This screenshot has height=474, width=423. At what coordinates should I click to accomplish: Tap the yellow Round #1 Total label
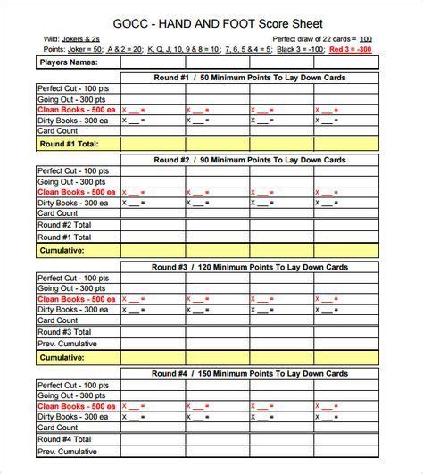point(68,142)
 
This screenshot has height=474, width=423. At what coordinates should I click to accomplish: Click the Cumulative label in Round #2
point(64,251)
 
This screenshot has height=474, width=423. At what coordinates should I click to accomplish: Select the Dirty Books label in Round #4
point(74,416)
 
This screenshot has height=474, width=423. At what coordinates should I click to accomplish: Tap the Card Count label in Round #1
point(58,131)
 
